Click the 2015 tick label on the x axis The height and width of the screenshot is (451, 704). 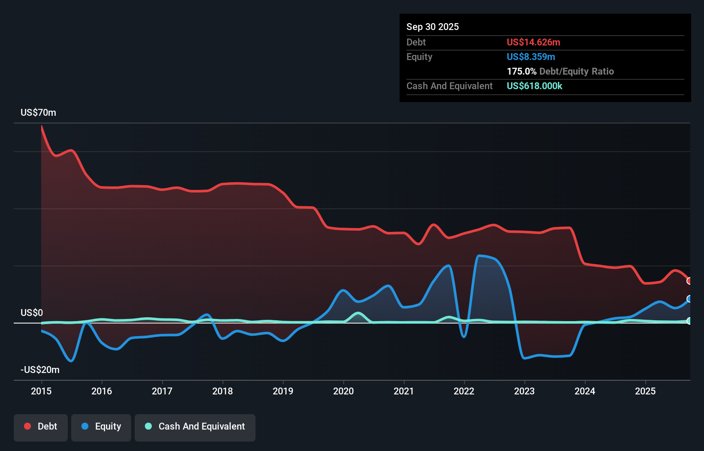click(41, 391)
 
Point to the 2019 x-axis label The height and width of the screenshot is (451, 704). click(283, 391)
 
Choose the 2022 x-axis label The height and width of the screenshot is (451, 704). click(464, 391)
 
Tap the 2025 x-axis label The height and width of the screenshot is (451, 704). click(645, 391)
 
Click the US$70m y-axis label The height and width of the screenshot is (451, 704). click(38, 112)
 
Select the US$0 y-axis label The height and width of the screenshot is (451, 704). click(32, 313)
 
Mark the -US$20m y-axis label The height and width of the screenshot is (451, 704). click(40, 370)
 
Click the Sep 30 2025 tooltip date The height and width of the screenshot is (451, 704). click(432, 27)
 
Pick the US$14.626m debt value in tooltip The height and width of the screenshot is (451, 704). click(533, 42)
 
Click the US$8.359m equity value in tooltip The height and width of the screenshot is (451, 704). click(530, 57)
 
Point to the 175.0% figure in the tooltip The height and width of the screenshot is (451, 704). click(521, 71)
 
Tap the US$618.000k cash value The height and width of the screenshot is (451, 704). click(534, 86)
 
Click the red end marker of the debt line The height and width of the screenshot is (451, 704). click(689, 281)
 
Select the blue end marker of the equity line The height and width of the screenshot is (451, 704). click(689, 299)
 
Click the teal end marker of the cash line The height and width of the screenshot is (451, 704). click(689, 321)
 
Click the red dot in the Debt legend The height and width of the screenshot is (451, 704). click(27, 426)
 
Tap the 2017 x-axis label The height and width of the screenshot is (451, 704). click(162, 391)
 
